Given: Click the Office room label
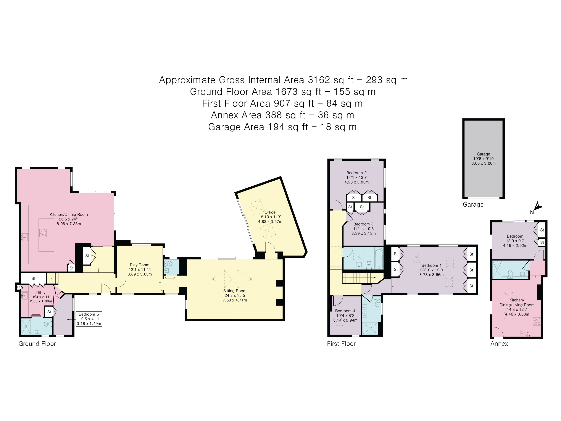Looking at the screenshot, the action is coord(270,212).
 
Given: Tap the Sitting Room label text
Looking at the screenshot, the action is coord(235,291).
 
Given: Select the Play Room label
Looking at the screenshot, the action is coord(139,265).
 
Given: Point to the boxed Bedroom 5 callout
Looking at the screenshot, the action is coord(89,319).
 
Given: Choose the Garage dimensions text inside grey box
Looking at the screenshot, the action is coord(483,161).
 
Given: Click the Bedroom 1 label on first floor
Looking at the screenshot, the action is coord(431,266).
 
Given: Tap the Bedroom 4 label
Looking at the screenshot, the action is coord(345,311).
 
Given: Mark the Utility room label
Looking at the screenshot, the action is coord(40,293).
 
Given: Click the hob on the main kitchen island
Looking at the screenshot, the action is coord(43,233).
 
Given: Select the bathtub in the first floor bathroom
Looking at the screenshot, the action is coord(379,258).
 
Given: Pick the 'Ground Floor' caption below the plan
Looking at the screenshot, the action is coord(37,344).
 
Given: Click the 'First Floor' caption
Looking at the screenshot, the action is coord(341,344).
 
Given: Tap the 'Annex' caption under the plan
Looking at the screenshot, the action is coord(499,344).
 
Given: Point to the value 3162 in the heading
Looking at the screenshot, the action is coord(319,80).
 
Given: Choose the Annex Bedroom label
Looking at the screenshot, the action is coord(515,236).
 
